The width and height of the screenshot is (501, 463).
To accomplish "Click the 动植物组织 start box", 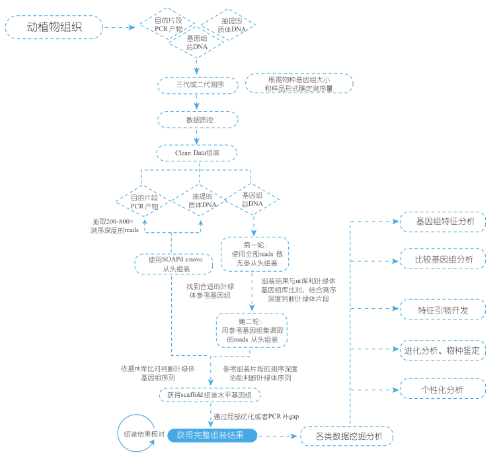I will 55,28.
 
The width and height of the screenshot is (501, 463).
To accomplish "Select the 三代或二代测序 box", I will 197,85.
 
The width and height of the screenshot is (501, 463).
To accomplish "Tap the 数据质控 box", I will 197,120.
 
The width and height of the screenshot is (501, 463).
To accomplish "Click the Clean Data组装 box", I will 197,152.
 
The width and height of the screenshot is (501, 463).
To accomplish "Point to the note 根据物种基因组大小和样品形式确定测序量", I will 299,83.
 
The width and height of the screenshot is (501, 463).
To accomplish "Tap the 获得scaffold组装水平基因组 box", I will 210,395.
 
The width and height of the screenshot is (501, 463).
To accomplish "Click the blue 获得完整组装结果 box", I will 211,436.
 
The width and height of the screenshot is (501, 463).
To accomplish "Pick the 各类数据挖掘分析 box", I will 347,437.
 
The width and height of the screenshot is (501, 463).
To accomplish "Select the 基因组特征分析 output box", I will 443,222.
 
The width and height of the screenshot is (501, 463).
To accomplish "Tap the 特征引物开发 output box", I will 443,310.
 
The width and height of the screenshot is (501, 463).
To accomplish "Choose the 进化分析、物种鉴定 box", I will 443,350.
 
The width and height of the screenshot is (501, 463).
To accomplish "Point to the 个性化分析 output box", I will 443,389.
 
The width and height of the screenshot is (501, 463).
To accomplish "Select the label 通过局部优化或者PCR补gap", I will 256,417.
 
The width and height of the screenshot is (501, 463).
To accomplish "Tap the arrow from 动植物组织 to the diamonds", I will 122,28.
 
